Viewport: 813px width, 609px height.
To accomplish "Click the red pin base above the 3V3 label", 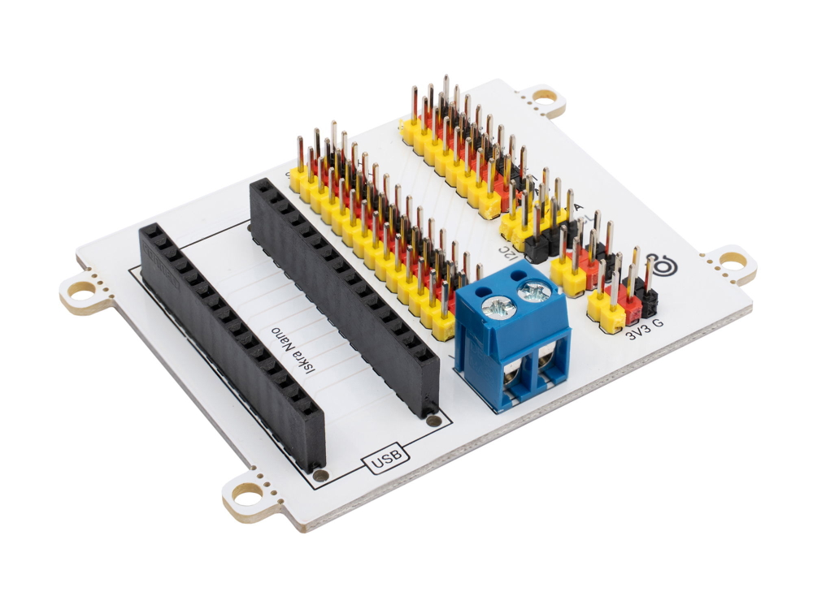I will coord(631,305).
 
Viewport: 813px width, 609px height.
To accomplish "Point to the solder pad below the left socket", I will coord(320,475).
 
